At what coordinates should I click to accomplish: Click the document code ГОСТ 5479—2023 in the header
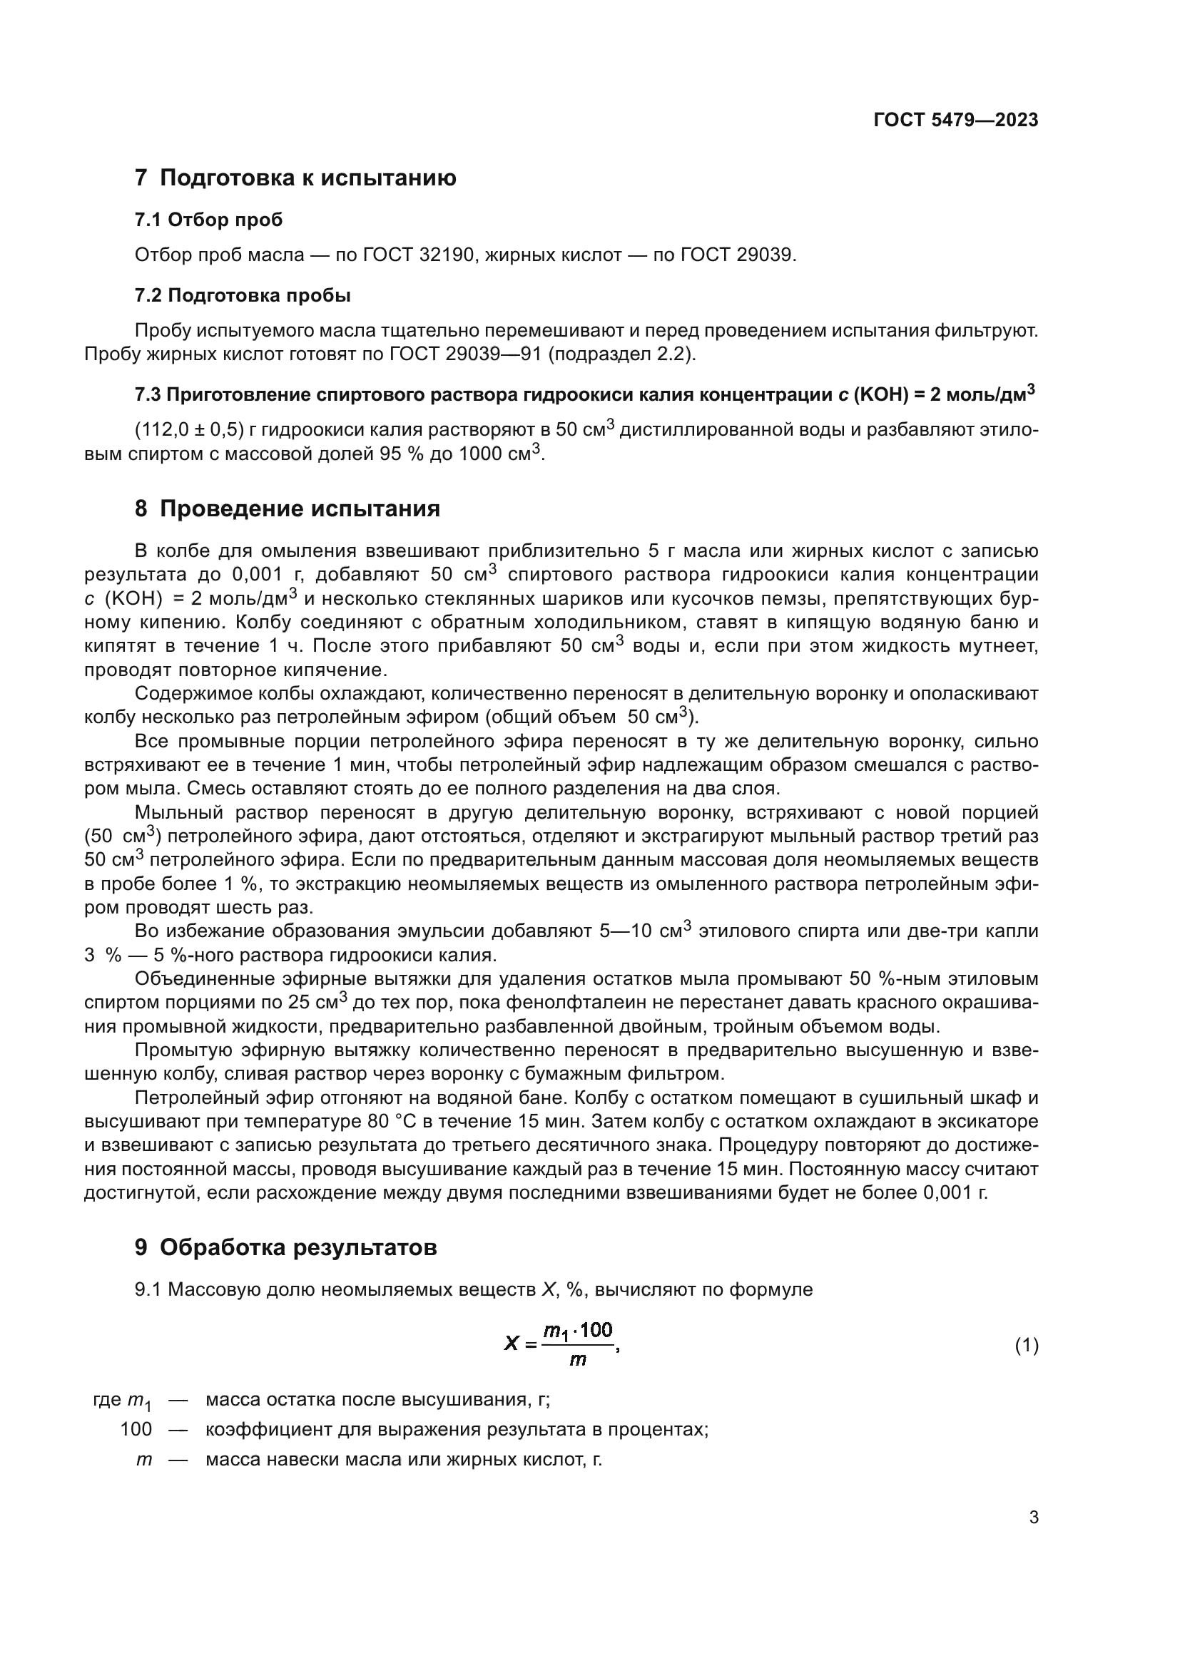click(955, 120)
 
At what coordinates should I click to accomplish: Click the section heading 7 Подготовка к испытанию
click(295, 178)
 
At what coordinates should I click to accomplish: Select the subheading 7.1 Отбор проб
click(208, 220)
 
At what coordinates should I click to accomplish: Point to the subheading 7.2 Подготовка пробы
click(243, 296)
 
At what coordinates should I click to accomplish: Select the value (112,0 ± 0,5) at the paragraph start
click(188, 430)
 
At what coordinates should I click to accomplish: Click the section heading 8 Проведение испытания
click(287, 508)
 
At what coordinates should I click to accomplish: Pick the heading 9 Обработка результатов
click(285, 1247)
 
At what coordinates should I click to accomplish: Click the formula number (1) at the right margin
click(1026, 1345)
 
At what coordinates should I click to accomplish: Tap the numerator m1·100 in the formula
click(579, 1330)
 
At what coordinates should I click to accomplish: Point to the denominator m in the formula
click(578, 1359)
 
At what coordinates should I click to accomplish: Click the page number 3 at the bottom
click(1033, 1518)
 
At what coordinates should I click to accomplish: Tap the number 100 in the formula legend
click(136, 1430)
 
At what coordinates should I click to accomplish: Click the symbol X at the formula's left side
click(512, 1345)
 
